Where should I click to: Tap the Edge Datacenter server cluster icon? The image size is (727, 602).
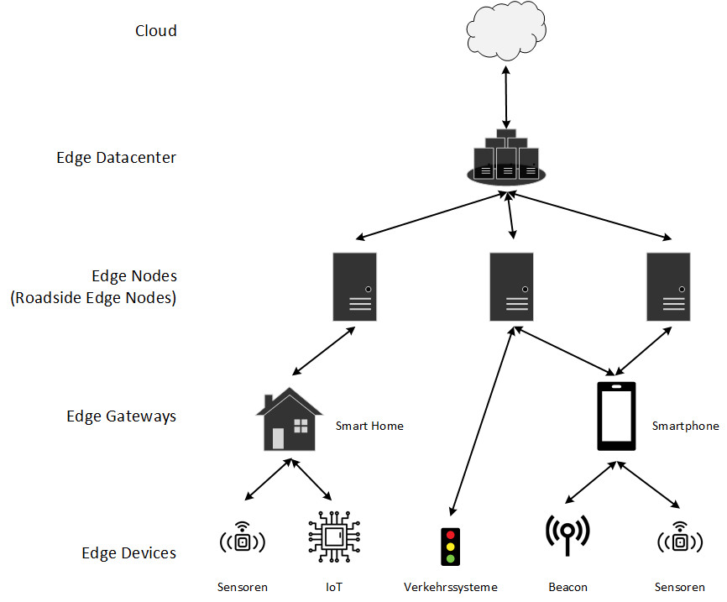(x=505, y=158)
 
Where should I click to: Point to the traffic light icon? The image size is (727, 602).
(x=451, y=546)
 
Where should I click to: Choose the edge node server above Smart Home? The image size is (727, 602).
(x=354, y=286)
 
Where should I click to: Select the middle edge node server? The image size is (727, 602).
(x=511, y=286)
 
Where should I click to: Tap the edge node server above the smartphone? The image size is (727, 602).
(x=669, y=286)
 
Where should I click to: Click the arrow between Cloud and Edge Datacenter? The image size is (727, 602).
(x=505, y=97)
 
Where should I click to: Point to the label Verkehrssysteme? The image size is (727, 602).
(x=451, y=587)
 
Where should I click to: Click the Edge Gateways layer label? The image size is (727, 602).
(x=122, y=416)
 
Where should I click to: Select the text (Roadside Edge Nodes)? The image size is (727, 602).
(x=93, y=297)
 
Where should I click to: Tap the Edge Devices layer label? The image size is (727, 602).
(x=129, y=552)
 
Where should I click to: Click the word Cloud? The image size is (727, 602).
(x=156, y=31)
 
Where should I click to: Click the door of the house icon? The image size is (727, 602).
(x=278, y=438)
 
